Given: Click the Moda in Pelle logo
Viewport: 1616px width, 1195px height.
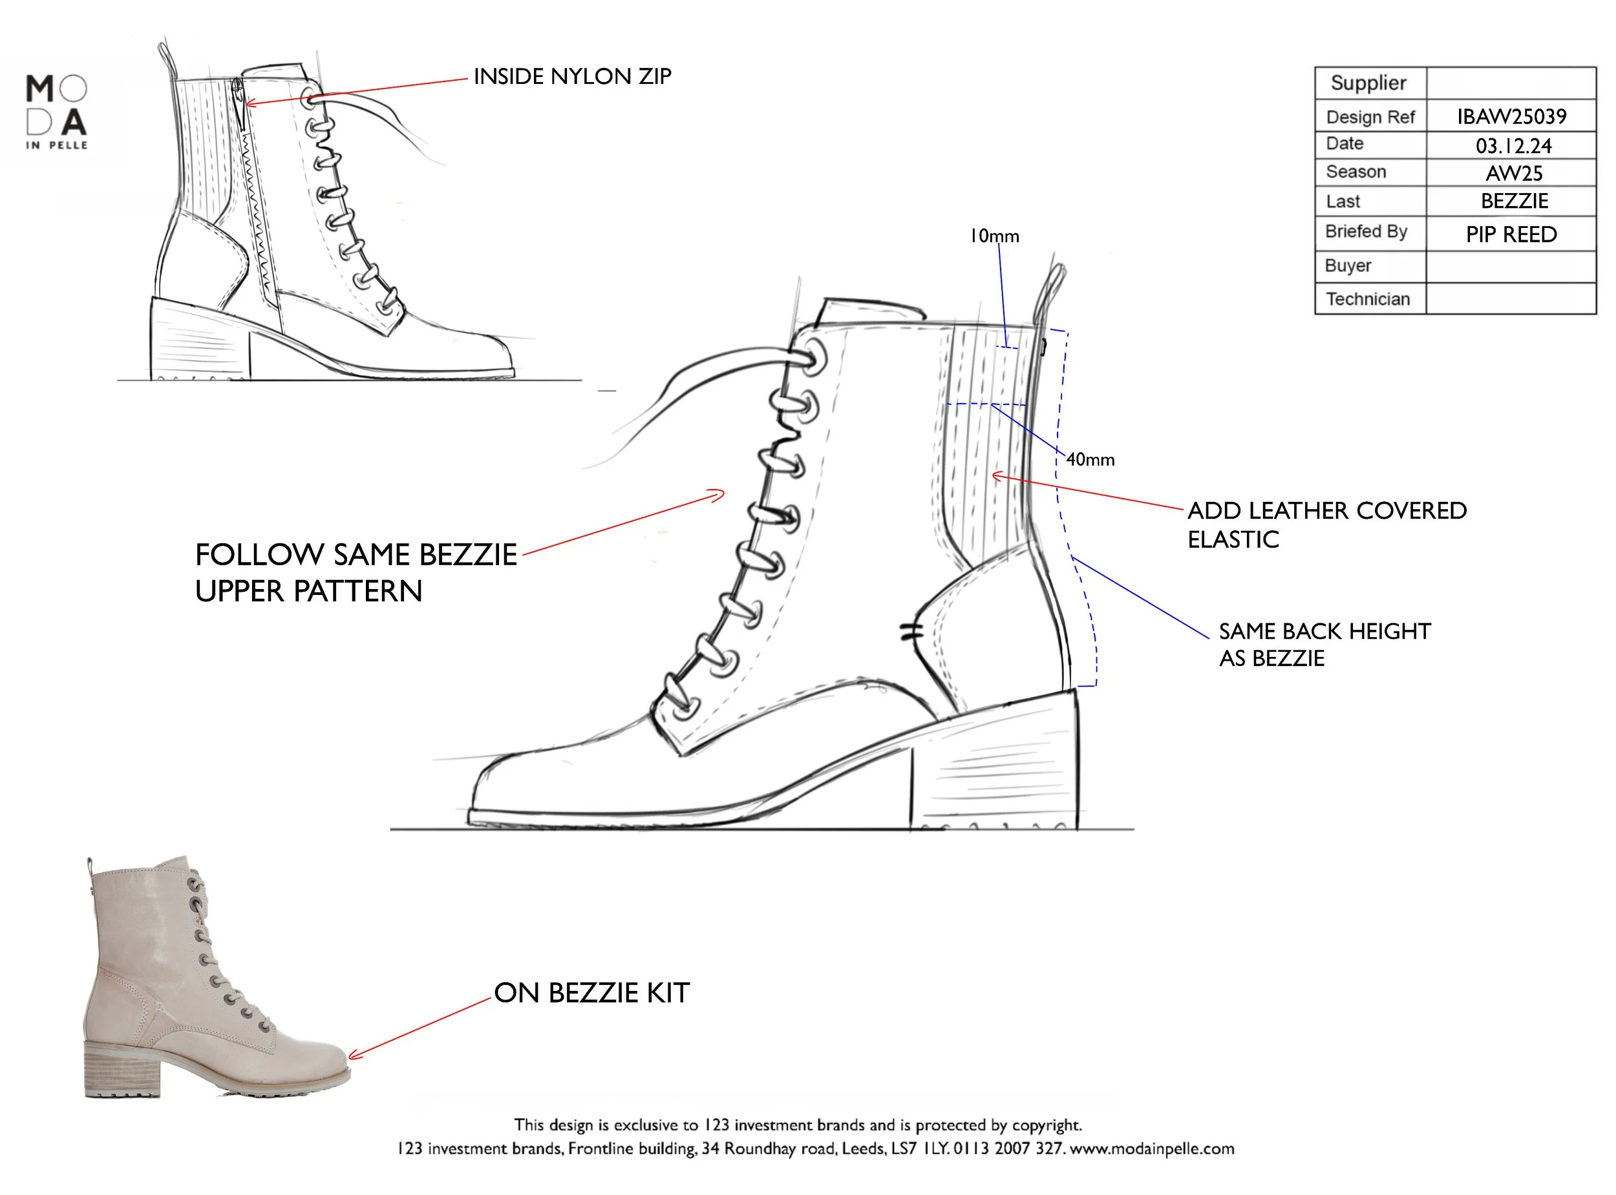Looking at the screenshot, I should (56, 112).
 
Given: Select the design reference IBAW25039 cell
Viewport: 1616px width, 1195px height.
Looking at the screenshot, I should (1511, 116).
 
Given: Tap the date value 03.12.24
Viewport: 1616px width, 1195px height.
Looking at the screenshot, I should (1513, 146).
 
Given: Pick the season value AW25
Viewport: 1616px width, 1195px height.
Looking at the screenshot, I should (1514, 174).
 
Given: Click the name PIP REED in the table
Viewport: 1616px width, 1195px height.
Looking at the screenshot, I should (1511, 234).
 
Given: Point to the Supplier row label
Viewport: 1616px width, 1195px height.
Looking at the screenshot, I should (1368, 83).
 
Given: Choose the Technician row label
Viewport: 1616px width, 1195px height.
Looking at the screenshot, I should (1367, 298).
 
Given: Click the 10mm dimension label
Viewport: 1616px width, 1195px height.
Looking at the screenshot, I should (994, 236).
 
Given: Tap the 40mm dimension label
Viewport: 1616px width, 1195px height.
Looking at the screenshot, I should (1090, 459).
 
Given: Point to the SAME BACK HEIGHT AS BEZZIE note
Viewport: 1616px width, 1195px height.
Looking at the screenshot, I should (1324, 645).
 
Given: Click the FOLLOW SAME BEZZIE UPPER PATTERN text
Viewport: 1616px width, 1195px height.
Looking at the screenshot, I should (356, 572).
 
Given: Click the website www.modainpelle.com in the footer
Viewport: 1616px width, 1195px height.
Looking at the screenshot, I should (1151, 1148).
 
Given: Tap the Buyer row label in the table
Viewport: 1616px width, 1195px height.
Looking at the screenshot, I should (1348, 265).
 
